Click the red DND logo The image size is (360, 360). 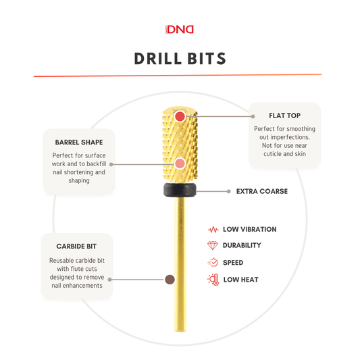coord(180,30)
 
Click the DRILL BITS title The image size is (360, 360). coord(180,59)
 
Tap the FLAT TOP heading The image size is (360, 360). coord(284,115)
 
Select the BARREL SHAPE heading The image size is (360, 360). coord(79,143)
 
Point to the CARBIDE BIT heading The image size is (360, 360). coord(76,247)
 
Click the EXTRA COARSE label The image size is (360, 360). coord(262,191)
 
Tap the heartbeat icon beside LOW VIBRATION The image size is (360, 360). coord(213,230)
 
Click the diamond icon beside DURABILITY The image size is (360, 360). coord(212,245)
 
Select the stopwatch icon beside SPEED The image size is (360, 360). coord(213,262)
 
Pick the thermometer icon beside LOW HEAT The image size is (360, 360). coord(213,280)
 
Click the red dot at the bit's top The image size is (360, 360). coord(180,116)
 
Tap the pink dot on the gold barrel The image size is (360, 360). coord(180,163)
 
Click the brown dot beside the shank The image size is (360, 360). coord(170,280)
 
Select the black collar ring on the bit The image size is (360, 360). coord(180,190)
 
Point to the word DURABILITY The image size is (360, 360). coord(242,245)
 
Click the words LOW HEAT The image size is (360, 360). coord(241,280)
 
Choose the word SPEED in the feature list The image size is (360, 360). coord(233,263)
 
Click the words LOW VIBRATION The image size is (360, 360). coord(249,230)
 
